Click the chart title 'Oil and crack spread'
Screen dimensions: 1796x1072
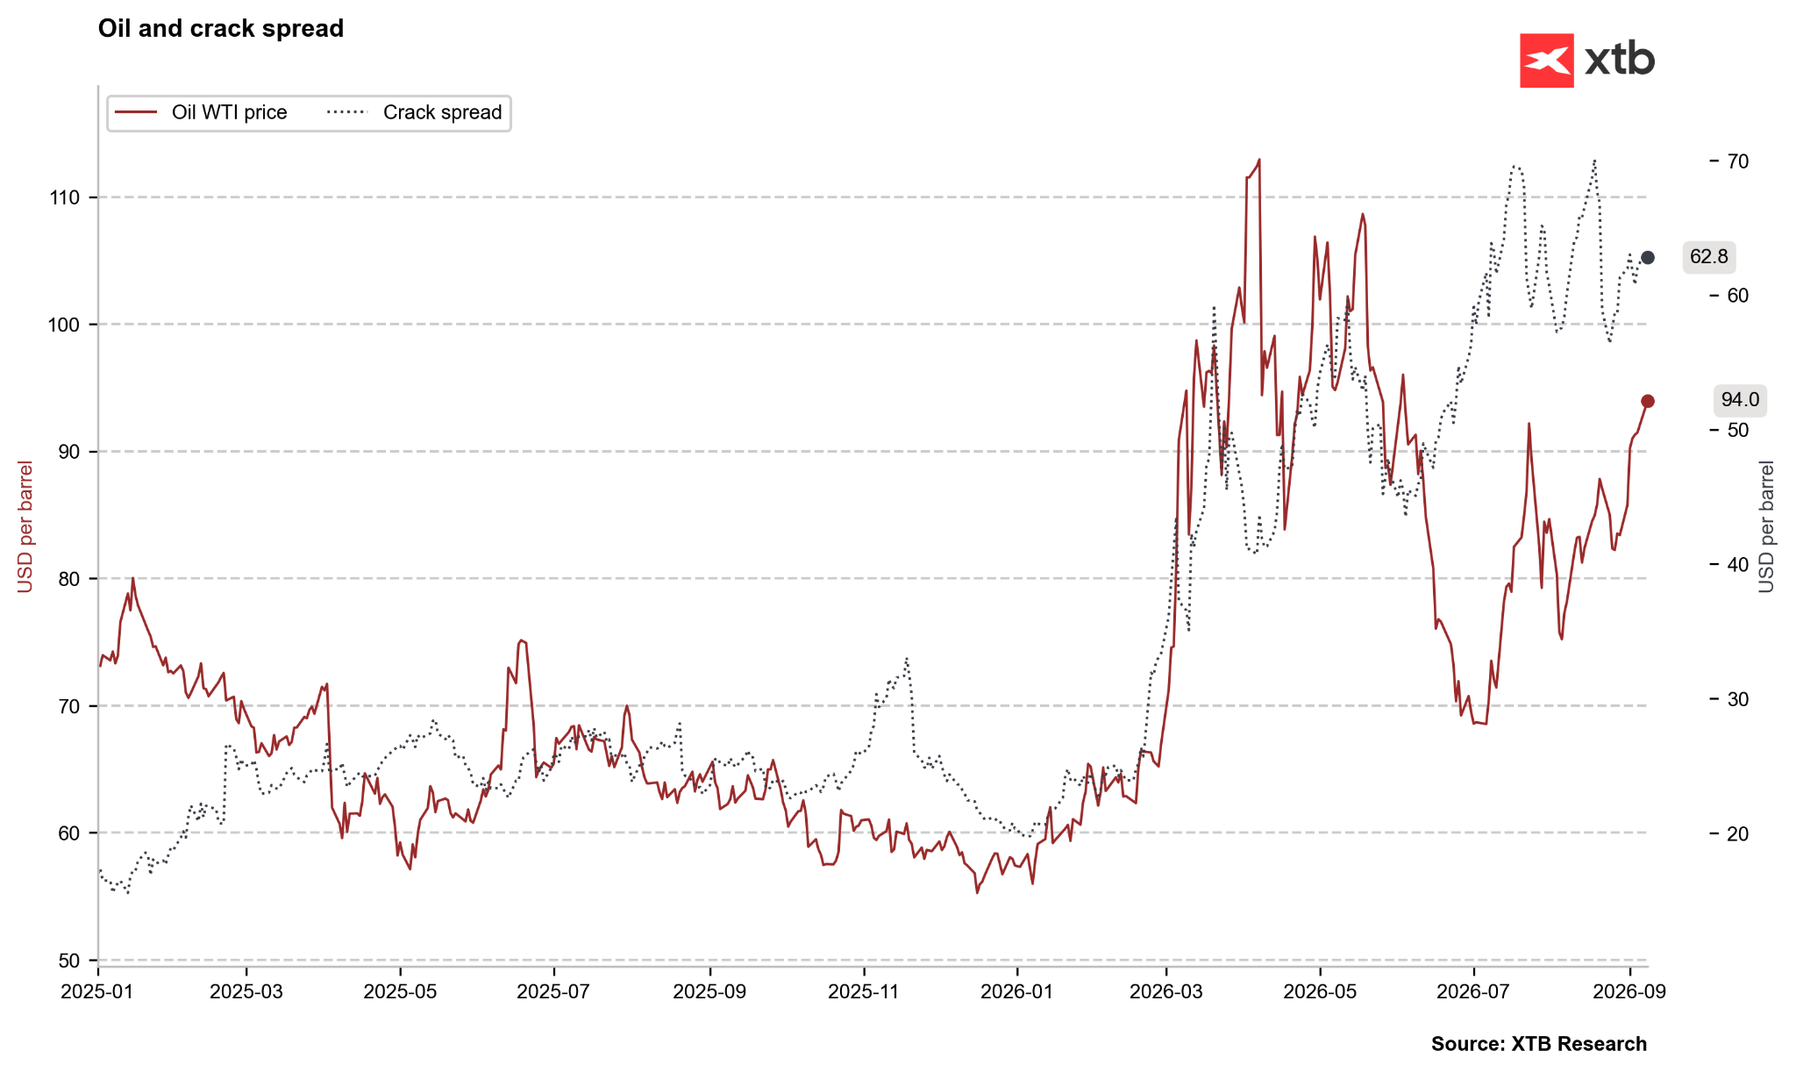(x=221, y=29)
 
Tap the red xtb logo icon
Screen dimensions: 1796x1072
(x=1546, y=61)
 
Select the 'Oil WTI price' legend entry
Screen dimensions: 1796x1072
(x=202, y=112)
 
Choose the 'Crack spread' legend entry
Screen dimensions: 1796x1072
(x=415, y=112)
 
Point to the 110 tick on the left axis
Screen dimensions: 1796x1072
(x=66, y=197)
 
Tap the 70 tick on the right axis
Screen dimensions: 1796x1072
(x=1738, y=161)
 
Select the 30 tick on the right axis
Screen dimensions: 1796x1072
(x=1738, y=699)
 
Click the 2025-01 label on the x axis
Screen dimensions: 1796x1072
(x=98, y=992)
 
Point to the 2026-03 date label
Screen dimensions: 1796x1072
(x=1166, y=992)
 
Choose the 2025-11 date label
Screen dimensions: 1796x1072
(x=865, y=992)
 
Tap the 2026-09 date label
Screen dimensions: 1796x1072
(x=1629, y=992)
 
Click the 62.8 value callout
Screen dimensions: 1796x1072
(x=1709, y=257)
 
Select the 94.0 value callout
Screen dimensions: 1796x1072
(x=1740, y=400)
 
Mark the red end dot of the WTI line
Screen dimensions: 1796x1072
(x=1648, y=401)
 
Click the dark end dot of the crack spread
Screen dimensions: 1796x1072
(x=1648, y=257)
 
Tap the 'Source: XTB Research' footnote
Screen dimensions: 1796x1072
(x=1539, y=1044)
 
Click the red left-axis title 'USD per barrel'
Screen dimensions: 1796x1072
(x=25, y=526)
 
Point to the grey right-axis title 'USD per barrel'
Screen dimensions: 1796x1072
(x=1766, y=526)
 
